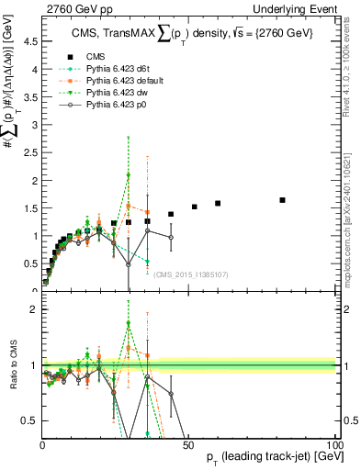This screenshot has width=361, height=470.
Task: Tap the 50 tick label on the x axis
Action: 189,444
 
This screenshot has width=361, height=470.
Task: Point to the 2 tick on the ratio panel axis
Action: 33,309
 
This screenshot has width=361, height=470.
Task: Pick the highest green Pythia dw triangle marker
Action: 129,174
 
